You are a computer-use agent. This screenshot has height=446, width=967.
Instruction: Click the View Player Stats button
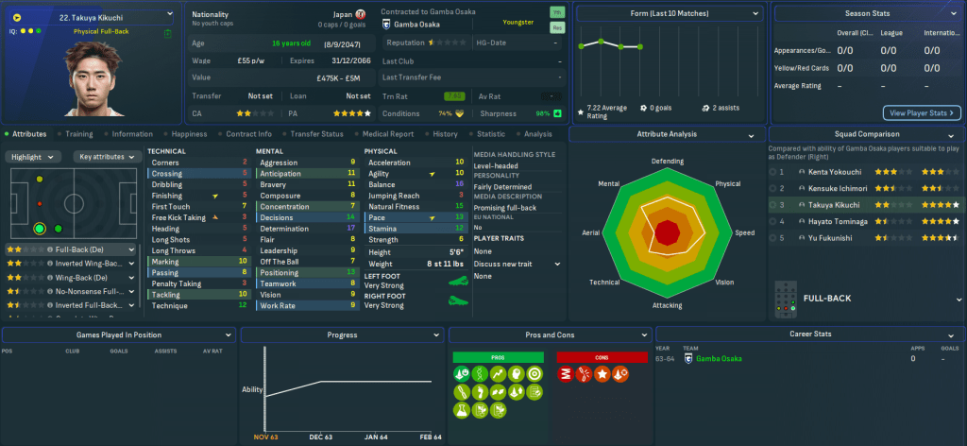point(921,113)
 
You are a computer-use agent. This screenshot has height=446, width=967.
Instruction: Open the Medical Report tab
point(387,134)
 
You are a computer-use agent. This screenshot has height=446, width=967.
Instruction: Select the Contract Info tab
point(250,134)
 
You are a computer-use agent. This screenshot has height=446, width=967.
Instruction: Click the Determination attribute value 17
point(351,229)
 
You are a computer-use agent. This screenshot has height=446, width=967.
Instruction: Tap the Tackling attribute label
point(166,295)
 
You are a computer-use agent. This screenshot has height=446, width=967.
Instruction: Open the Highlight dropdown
point(36,157)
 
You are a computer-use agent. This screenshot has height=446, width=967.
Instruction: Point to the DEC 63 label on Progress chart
point(322,437)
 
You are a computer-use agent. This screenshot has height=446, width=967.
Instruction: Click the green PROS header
point(499,358)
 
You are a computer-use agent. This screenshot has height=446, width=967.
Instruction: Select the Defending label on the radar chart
point(668,162)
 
